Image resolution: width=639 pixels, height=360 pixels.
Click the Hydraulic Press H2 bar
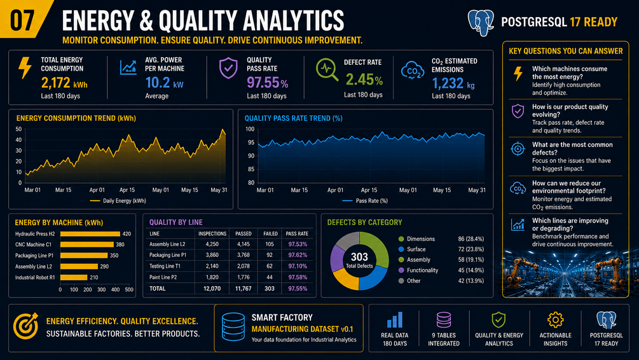(x=90, y=234)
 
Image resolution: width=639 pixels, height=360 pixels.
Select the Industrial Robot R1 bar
(x=74, y=277)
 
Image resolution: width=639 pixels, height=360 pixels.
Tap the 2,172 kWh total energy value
(x=64, y=83)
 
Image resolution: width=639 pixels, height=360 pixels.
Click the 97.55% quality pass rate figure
(x=267, y=83)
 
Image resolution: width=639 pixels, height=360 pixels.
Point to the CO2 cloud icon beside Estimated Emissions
(x=413, y=71)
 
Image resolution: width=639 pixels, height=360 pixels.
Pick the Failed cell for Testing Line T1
(x=270, y=266)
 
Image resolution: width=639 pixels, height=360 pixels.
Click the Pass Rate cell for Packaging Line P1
(x=298, y=255)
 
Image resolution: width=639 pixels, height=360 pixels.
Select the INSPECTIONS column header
(x=212, y=233)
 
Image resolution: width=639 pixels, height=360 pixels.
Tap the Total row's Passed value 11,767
(x=244, y=288)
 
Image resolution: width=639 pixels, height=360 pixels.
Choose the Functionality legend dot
(x=401, y=270)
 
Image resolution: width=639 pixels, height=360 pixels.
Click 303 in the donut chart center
(x=359, y=257)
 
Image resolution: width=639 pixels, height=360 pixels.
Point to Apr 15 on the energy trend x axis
(x=127, y=190)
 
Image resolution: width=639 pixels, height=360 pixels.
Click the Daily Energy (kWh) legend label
(x=124, y=200)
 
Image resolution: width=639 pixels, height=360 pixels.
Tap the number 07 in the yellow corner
(x=22, y=20)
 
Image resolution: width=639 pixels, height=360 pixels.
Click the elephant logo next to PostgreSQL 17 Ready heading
(x=481, y=22)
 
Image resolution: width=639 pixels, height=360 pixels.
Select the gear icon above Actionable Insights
(x=555, y=320)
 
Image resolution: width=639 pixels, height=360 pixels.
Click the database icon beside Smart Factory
(x=233, y=326)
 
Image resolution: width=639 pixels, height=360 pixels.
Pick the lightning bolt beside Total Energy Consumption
(x=25, y=67)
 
